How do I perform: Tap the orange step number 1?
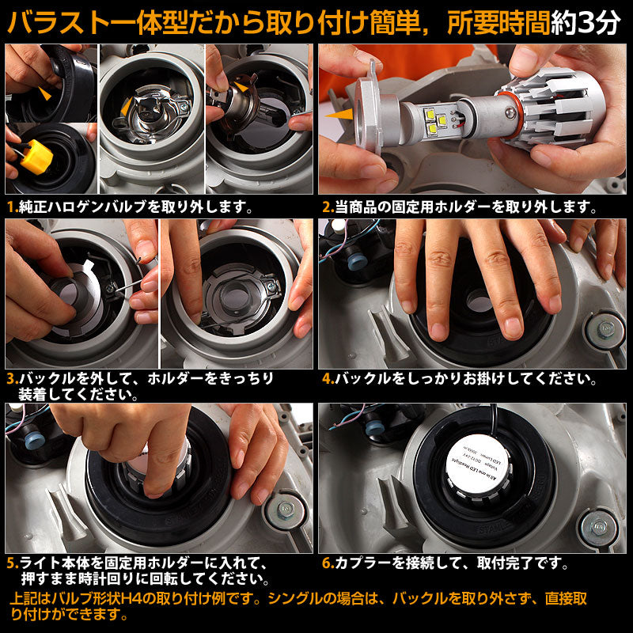[x=10, y=207]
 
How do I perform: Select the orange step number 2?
[x=326, y=207]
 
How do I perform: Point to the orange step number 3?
[x=11, y=379]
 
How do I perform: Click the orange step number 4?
[x=326, y=379]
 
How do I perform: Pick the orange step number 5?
[x=11, y=563]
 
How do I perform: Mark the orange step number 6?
[x=326, y=563]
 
